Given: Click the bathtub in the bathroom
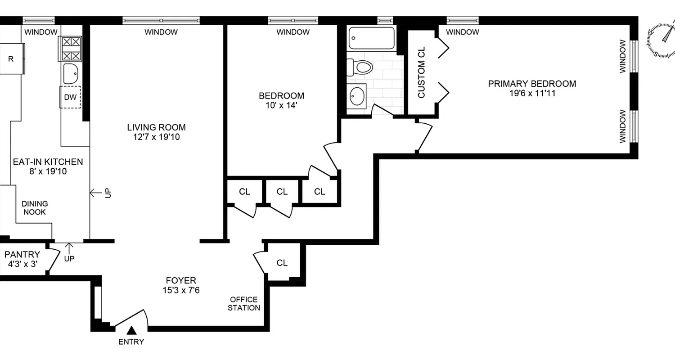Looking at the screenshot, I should coord(372,39).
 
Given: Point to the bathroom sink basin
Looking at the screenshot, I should coord(358,96).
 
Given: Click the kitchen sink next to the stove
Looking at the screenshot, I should coord(71,73).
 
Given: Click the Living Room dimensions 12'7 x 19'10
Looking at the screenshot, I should coord(156,137).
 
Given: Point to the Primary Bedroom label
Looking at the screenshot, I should coord(532,84).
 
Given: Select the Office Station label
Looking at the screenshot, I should coord(243,304).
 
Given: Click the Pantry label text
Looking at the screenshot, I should coord(22,255).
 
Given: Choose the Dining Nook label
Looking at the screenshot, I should coord(35,208).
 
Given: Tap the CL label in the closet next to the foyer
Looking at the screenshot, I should coord(282,263).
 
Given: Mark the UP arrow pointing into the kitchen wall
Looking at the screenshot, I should coord(96,193).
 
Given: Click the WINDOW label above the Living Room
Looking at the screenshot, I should coord(161,32).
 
